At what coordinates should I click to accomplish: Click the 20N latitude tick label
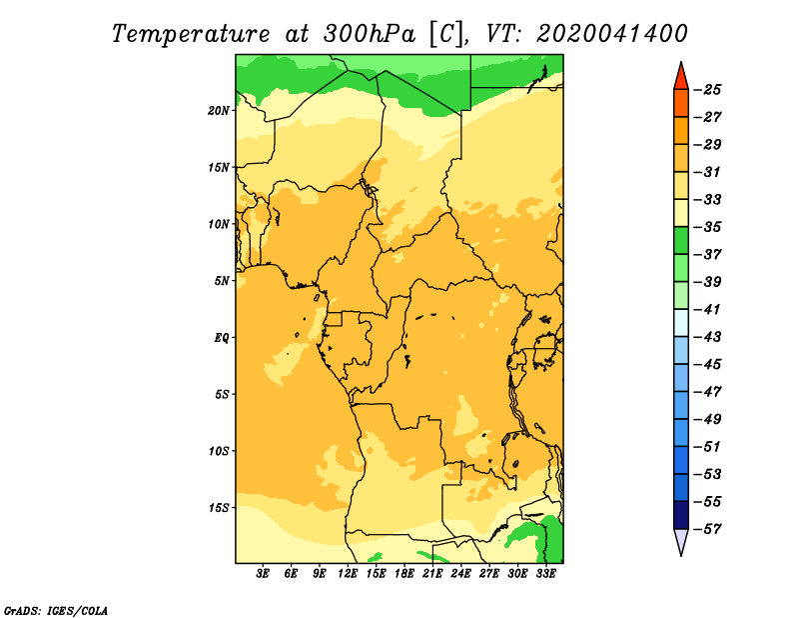click(x=219, y=111)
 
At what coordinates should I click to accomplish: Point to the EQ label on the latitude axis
click(x=222, y=338)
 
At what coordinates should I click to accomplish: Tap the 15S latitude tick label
click(x=219, y=508)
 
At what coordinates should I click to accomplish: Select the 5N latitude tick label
click(x=222, y=281)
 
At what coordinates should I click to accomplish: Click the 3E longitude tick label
click(x=263, y=574)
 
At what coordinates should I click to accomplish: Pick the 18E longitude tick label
click(x=404, y=574)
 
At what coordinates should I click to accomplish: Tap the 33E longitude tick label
click(x=545, y=574)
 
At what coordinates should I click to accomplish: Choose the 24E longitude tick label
click(x=460, y=574)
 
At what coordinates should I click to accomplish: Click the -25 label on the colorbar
click(x=708, y=90)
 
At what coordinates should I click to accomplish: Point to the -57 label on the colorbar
click(x=708, y=529)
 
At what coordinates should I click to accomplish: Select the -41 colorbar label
click(x=708, y=310)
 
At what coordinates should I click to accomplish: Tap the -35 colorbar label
click(x=708, y=227)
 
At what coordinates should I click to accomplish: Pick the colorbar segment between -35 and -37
click(x=681, y=241)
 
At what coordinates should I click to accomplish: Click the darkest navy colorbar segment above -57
click(x=681, y=515)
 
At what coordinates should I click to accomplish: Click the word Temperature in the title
click(x=191, y=35)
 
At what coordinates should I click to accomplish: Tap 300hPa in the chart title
click(x=370, y=34)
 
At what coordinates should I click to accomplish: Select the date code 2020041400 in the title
click(x=612, y=34)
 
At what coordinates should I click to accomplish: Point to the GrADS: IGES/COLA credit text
click(x=56, y=611)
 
